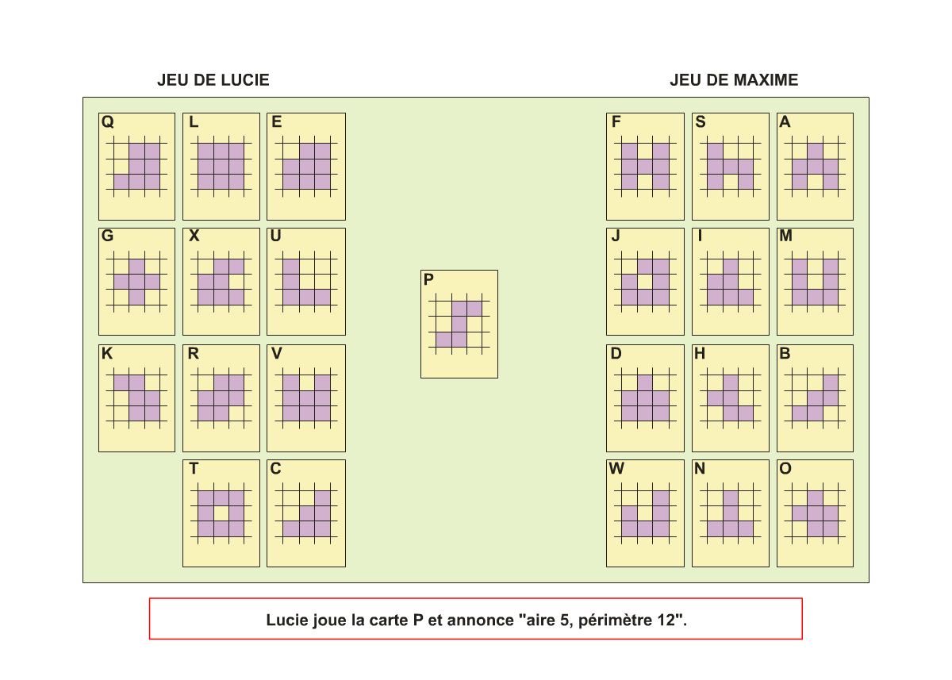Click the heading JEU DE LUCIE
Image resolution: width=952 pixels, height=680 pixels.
(x=213, y=80)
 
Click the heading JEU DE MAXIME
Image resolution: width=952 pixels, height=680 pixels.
(x=733, y=80)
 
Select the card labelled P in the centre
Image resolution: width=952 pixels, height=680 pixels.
(x=459, y=324)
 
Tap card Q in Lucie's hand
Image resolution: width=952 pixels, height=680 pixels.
(x=136, y=167)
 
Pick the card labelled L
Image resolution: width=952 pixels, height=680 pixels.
(x=221, y=167)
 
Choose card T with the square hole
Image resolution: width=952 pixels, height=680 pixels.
(x=221, y=513)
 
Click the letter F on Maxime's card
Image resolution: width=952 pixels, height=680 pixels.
(x=616, y=122)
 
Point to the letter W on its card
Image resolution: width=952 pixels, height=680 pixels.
(x=616, y=469)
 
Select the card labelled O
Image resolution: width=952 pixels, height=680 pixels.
(x=815, y=513)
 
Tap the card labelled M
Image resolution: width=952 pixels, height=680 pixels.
(x=815, y=282)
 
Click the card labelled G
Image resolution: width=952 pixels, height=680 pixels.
(x=136, y=282)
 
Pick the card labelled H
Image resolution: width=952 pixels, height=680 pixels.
(x=730, y=398)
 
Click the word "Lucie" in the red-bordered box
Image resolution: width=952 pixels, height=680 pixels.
(x=285, y=620)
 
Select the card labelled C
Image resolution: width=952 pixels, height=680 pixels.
(x=306, y=513)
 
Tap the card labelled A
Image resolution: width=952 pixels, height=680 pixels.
(x=815, y=167)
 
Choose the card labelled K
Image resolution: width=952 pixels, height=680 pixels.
(x=136, y=398)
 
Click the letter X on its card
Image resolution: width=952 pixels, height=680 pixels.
(x=194, y=236)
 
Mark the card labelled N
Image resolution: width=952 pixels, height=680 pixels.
(x=730, y=513)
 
